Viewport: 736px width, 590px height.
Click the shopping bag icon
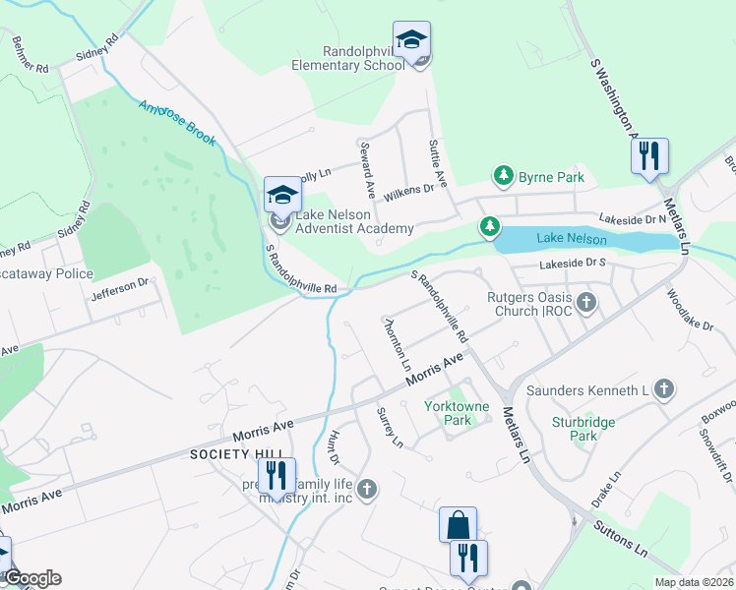(x=459, y=525)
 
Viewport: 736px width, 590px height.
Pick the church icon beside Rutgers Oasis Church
(x=587, y=302)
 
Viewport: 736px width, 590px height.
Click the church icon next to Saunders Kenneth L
(x=664, y=390)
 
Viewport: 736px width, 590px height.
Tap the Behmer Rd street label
(x=30, y=57)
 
